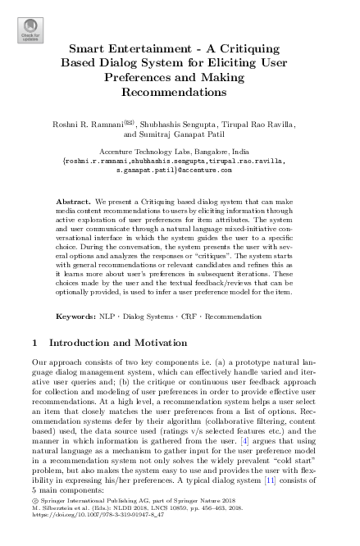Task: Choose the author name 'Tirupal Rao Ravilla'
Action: tap(259, 124)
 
